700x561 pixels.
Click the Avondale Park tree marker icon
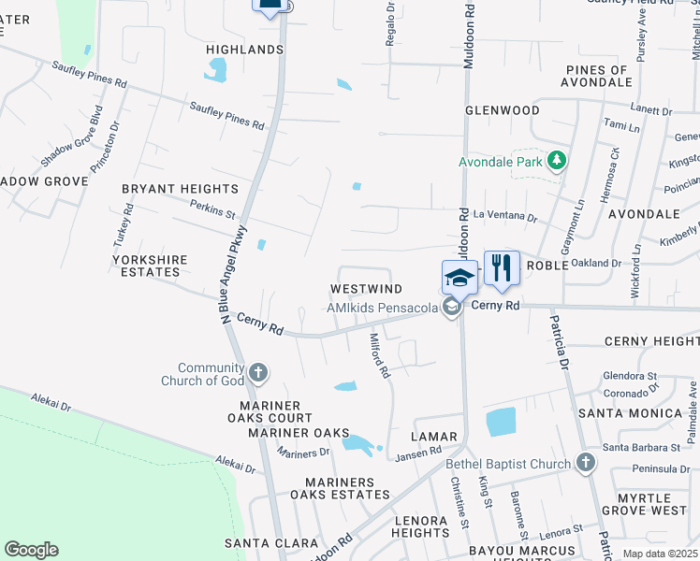pyautogui.click(x=557, y=161)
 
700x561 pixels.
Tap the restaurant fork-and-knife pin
pyautogui.click(x=502, y=267)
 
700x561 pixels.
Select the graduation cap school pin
pyautogui.click(x=459, y=278)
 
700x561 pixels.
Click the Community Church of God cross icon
pyautogui.click(x=259, y=374)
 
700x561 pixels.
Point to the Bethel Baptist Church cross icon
pyautogui.click(x=585, y=464)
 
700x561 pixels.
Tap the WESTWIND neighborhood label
pyautogui.click(x=366, y=289)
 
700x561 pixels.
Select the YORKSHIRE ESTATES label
pyautogui.click(x=150, y=266)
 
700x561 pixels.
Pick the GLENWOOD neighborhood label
pyautogui.click(x=503, y=110)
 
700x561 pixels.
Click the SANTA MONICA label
pyautogui.click(x=630, y=412)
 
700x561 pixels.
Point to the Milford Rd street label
pyautogui.click(x=379, y=356)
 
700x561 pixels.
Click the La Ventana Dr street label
pyautogui.click(x=505, y=217)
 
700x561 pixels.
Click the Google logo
pyautogui.click(x=31, y=550)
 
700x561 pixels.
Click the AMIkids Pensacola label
pyautogui.click(x=383, y=308)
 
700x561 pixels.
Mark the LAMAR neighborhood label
pyautogui.click(x=433, y=437)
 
